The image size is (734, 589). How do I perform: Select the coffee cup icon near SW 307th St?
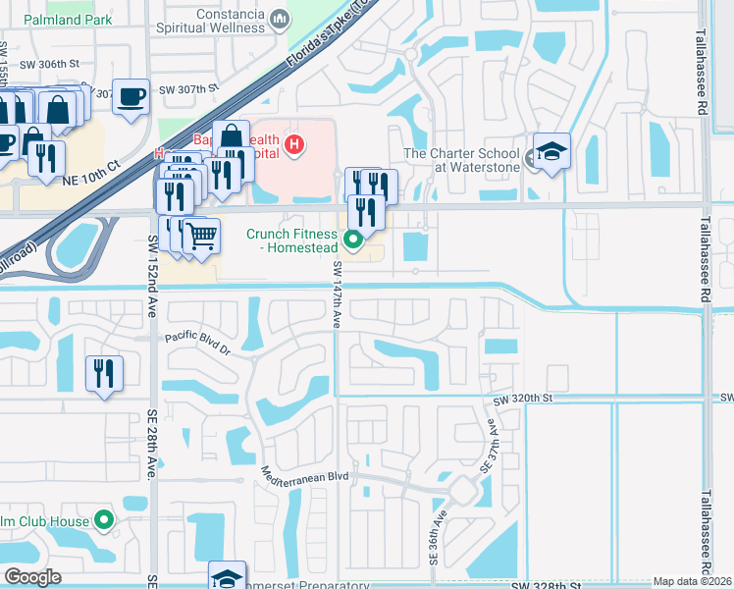click(x=131, y=96)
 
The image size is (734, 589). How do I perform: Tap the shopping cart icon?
click(x=201, y=236)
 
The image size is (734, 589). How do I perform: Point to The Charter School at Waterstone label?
click(x=462, y=160)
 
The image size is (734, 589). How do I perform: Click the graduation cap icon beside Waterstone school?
click(x=551, y=152)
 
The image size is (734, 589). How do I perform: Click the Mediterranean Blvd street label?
click(x=306, y=475)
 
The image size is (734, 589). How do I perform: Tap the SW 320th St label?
click(x=523, y=400)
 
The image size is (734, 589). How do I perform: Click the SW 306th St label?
click(x=55, y=64)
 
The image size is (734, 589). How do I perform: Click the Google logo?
click(x=32, y=577)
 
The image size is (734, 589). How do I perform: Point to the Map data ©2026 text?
click(x=693, y=581)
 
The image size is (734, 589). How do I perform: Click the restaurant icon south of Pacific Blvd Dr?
click(x=103, y=373)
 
